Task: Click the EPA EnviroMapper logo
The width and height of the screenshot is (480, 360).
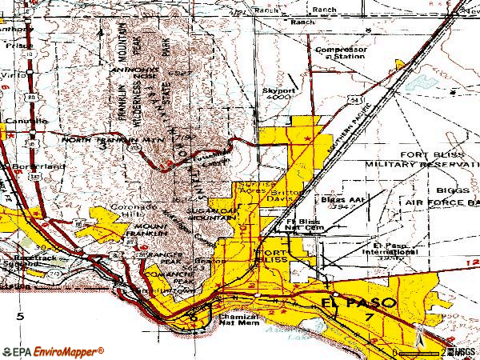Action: tap(53, 350)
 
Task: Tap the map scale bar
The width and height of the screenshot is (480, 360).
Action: tap(419, 352)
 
